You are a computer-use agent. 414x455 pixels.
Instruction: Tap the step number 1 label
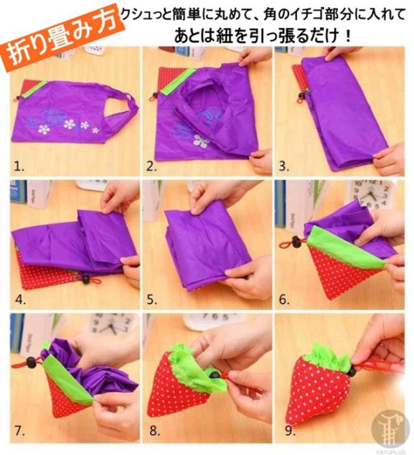[19, 166]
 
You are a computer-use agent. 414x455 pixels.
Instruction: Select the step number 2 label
[151, 166]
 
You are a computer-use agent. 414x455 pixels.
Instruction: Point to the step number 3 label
[284, 166]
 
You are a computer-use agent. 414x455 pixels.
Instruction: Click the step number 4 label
[21, 299]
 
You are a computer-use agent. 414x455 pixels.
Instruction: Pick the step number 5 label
[152, 299]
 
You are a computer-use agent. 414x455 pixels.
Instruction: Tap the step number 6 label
[285, 299]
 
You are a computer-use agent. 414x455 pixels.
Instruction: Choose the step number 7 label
[19, 431]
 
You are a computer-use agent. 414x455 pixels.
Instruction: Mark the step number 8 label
[155, 431]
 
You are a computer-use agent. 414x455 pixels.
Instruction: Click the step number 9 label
[290, 431]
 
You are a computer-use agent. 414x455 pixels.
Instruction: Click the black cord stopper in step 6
[296, 242]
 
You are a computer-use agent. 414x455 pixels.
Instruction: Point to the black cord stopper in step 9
[352, 371]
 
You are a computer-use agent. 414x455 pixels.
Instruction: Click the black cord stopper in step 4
[85, 280]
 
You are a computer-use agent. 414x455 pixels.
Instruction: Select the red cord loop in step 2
[152, 98]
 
